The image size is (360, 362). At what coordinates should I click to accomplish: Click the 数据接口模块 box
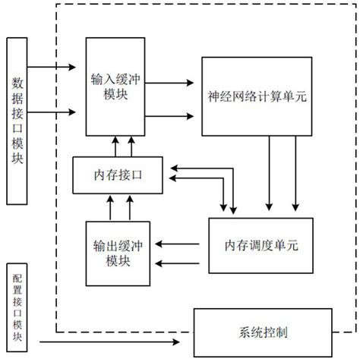click(x=18, y=111)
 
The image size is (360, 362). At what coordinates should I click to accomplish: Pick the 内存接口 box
click(x=120, y=174)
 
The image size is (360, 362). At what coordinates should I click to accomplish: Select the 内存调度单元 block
click(x=255, y=244)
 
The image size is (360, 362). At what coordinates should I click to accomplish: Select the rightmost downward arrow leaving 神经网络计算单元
click(x=296, y=175)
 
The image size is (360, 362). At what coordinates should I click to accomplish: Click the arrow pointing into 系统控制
click(x=114, y=342)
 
